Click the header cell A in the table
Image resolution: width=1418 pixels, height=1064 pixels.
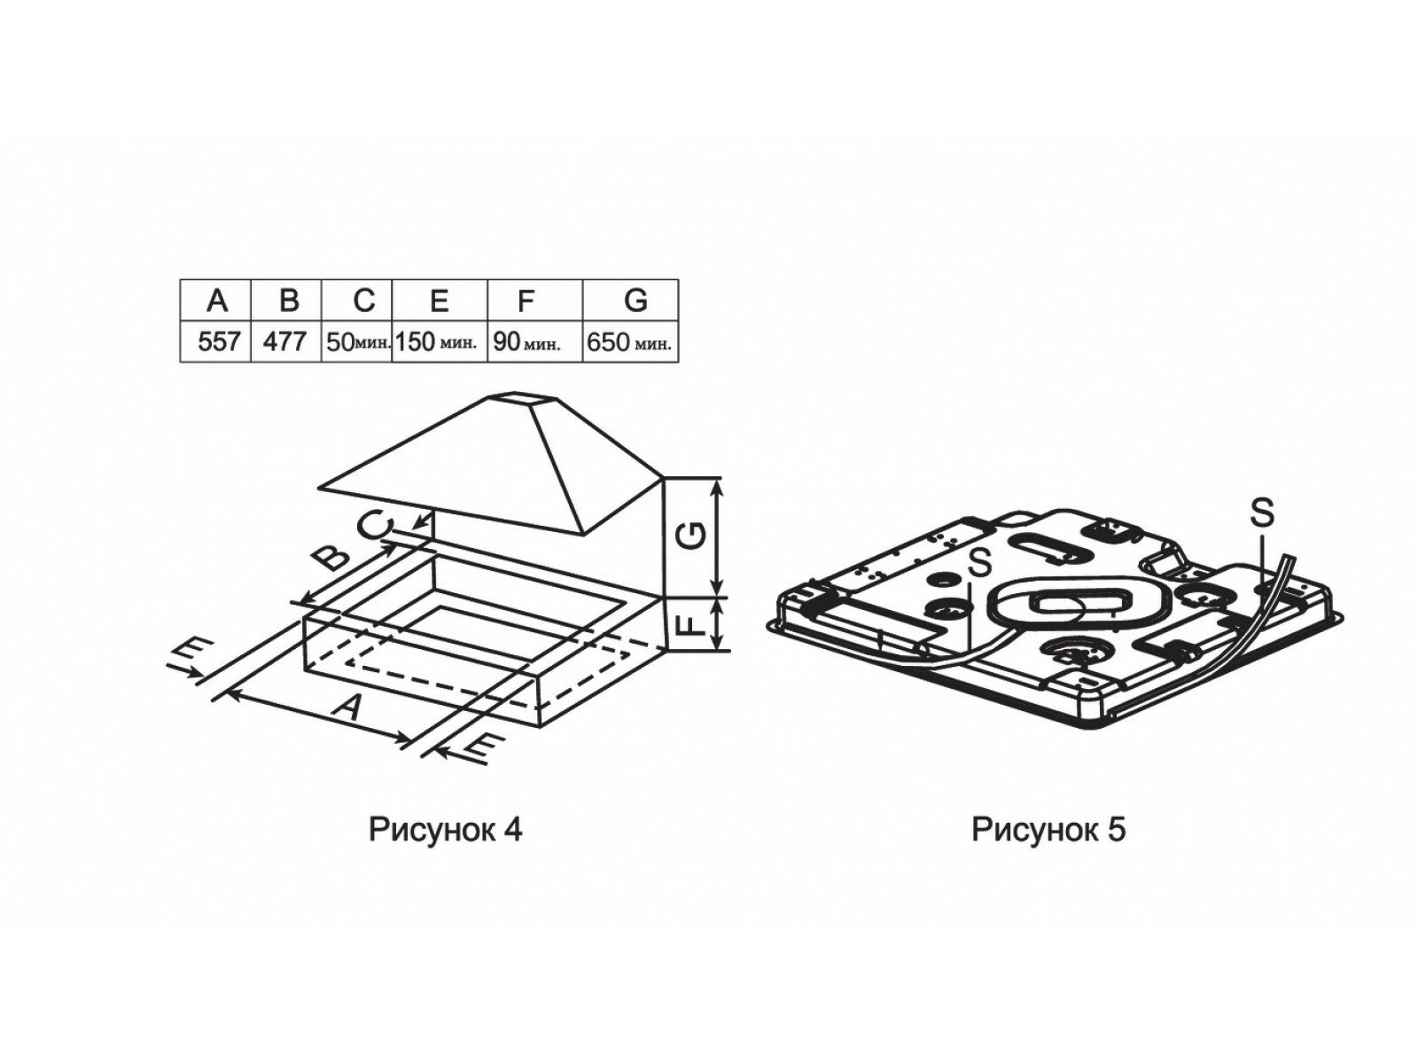tap(216, 301)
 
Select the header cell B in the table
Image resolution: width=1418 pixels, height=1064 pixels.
tap(287, 301)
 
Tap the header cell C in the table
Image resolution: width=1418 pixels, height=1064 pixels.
tap(363, 301)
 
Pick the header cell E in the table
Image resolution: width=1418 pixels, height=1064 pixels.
tap(439, 301)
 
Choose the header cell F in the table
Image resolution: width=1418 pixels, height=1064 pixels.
tap(526, 301)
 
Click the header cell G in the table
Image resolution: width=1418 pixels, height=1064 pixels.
tap(635, 301)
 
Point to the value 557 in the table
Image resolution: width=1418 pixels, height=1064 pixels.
tap(218, 342)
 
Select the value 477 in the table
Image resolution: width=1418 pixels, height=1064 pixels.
tap(285, 342)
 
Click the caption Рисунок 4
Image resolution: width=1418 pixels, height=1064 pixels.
tap(446, 830)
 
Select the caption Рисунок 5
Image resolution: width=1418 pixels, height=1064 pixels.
tap(1049, 830)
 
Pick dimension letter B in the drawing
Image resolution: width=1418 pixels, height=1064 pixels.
tap(331, 557)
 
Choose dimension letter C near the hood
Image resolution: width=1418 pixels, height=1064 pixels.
tap(373, 527)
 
